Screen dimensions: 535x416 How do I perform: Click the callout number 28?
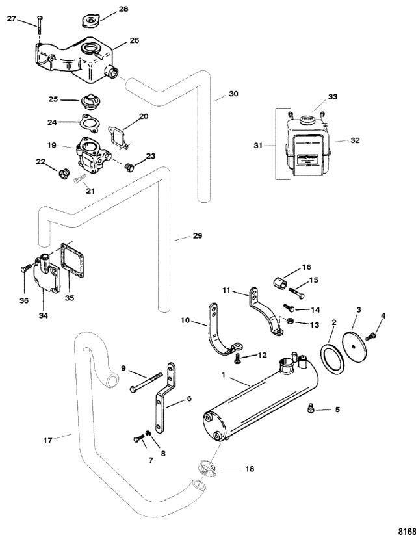(x=123, y=9)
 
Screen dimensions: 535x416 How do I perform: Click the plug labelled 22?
(x=64, y=172)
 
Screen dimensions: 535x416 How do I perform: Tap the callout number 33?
(x=333, y=97)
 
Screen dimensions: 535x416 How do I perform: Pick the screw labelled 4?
(x=372, y=335)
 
